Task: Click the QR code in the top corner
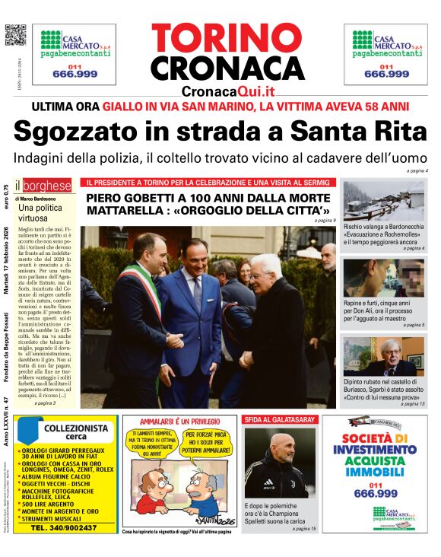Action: (15, 36)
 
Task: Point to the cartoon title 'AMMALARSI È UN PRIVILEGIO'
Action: (178, 420)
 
